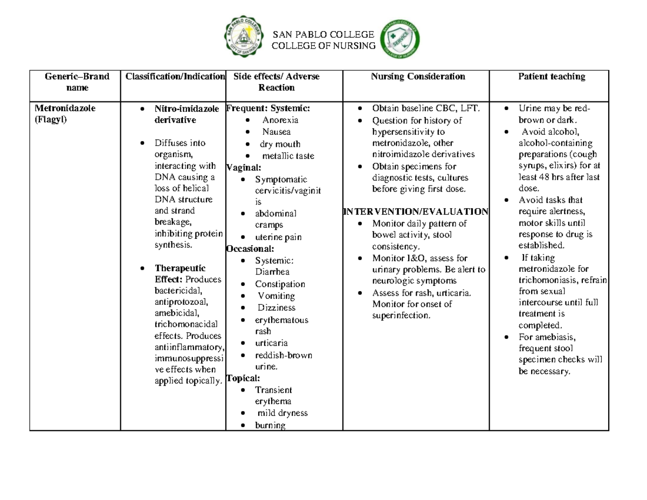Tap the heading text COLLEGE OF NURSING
324,46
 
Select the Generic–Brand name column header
74,81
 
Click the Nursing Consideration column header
418,77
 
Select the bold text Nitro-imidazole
187,109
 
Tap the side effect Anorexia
280,120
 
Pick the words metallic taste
288,156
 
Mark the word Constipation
280,284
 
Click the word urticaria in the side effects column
271,343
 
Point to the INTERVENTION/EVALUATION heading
416,211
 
